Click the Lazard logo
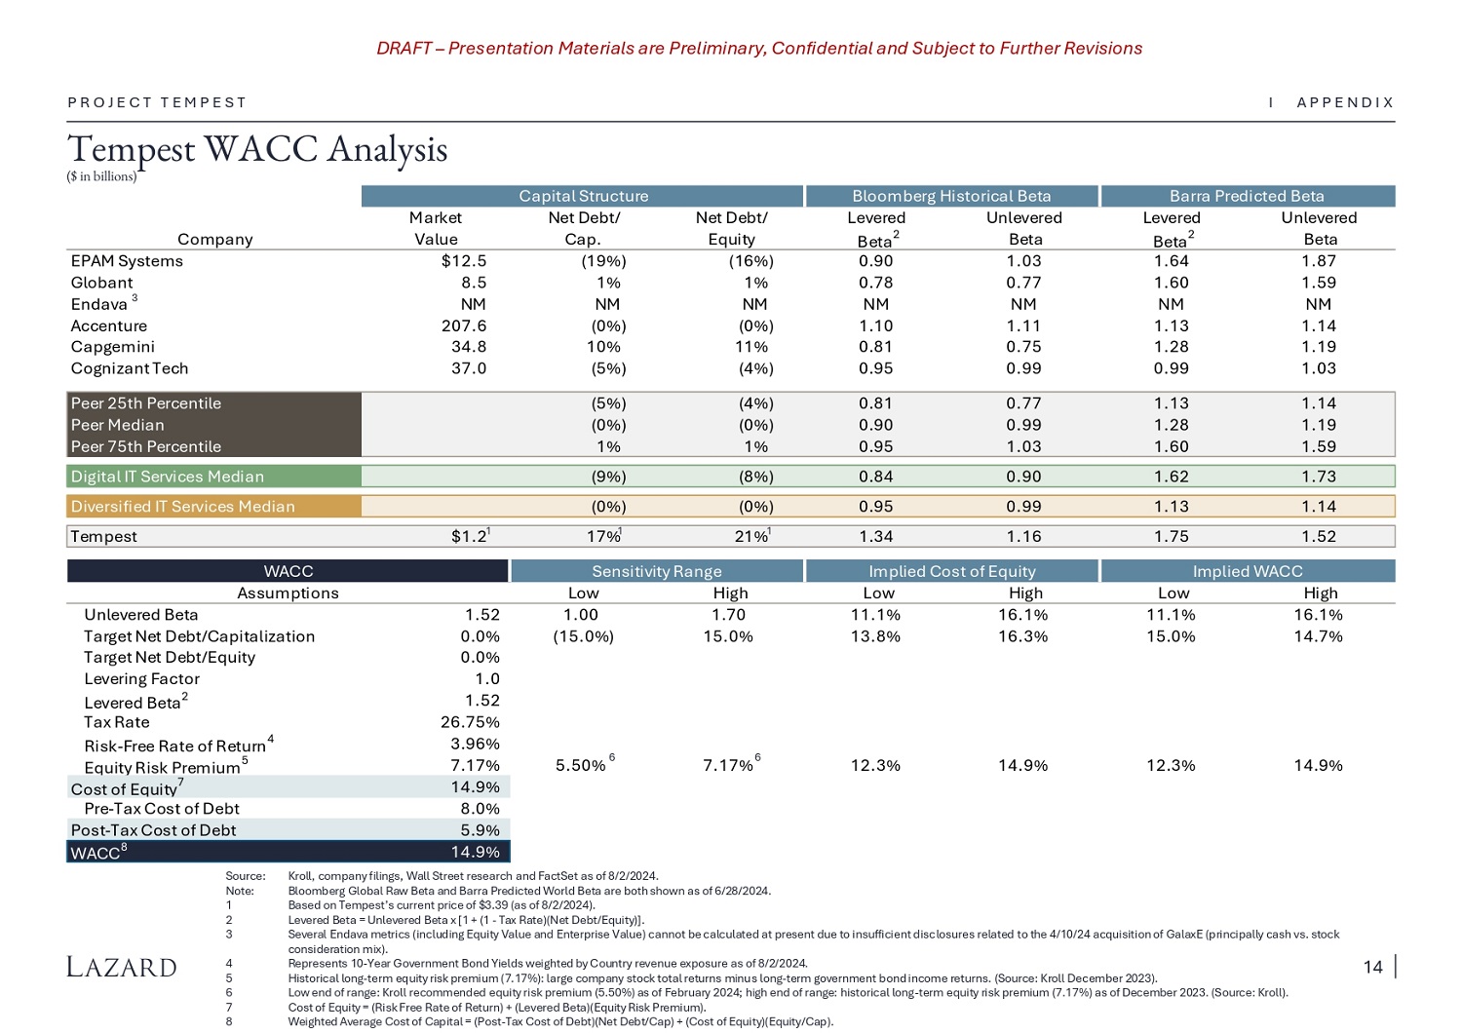(x=122, y=967)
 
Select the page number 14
(x=1372, y=967)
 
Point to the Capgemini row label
(x=112, y=347)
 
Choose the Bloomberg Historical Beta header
(x=951, y=196)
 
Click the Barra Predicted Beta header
(x=1247, y=196)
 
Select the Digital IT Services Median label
(x=167, y=477)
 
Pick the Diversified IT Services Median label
(x=182, y=507)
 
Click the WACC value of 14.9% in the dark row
(x=475, y=853)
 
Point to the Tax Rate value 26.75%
(x=470, y=722)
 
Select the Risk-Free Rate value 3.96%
(x=475, y=745)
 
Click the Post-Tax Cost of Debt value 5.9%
(x=480, y=830)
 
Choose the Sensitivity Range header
(x=657, y=571)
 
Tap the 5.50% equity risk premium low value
(x=580, y=766)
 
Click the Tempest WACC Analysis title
(x=257, y=149)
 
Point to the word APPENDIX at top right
(x=1345, y=102)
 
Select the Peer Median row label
(x=117, y=425)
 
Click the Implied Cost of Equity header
(x=952, y=571)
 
